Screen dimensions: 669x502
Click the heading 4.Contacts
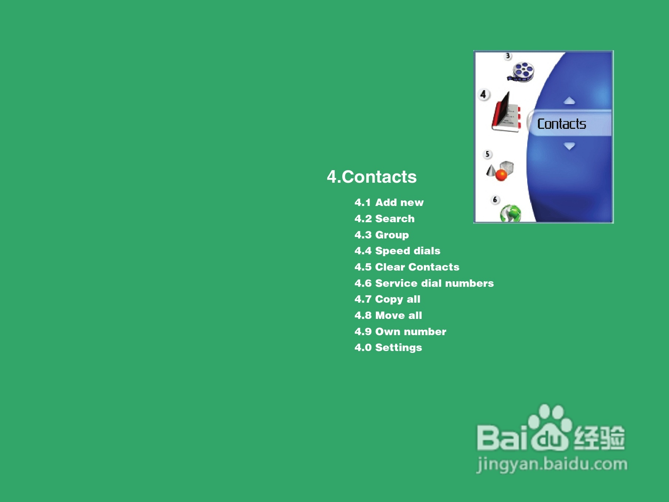(x=372, y=177)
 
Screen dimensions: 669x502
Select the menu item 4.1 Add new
(x=389, y=202)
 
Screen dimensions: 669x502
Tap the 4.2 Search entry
(x=384, y=219)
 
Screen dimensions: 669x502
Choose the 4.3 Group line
(x=382, y=235)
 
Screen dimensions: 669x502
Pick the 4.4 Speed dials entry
(x=397, y=251)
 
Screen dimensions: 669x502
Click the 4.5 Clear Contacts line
(x=407, y=267)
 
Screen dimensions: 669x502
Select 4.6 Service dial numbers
(x=424, y=283)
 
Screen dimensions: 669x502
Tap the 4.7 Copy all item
(x=387, y=299)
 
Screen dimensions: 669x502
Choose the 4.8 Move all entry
(x=388, y=315)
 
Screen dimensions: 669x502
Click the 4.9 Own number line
(x=400, y=331)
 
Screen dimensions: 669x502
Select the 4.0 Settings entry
(x=388, y=348)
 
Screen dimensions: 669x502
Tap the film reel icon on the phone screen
(x=521, y=72)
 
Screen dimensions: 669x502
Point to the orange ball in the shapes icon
(x=501, y=175)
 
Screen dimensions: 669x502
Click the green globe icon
(x=511, y=213)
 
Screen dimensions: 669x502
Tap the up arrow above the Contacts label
(x=570, y=100)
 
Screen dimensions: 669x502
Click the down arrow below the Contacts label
(x=570, y=146)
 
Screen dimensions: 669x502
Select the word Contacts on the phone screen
(x=562, y=124)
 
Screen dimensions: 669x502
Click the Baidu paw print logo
(x=550, y=428)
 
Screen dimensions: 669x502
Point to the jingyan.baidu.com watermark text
(x=552, y=464)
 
